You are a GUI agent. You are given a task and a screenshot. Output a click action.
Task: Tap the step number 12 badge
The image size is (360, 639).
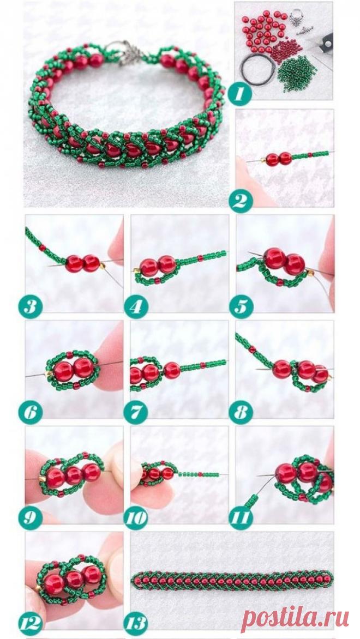pos(30,624)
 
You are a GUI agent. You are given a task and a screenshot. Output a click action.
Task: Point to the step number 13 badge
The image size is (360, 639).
pos(136,624)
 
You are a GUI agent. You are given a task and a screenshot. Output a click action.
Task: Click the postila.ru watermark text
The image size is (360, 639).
pos(295,617)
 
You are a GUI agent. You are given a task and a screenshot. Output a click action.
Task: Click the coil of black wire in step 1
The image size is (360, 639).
pos(257,70)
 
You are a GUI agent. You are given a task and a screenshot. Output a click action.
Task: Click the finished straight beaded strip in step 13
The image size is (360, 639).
pos(232,580)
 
